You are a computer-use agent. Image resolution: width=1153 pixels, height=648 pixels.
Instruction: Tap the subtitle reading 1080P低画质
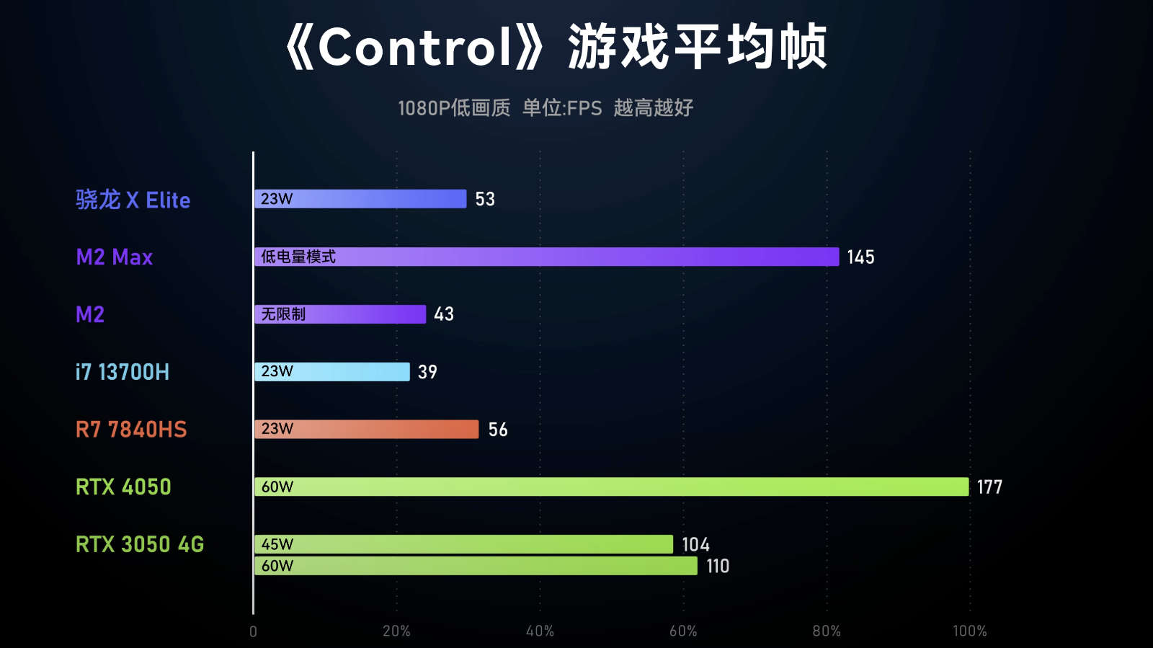pos(454,108)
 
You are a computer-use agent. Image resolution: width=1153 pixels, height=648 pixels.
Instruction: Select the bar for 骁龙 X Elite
pos(360,199)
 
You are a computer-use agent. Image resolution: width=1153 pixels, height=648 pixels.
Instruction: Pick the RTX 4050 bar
pos(611,487)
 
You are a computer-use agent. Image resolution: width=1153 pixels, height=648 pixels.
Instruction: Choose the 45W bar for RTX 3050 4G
pos(463,544)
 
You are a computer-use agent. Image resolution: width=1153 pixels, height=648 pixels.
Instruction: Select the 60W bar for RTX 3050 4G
pos(476,566)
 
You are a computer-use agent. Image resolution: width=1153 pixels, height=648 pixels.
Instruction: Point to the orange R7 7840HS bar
pos(366,429)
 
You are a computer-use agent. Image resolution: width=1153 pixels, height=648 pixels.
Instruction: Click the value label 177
pos(989,487)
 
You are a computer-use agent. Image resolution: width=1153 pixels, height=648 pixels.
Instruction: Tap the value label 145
pos(860,257)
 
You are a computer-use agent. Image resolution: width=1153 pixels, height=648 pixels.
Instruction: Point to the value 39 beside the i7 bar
pos(427,372)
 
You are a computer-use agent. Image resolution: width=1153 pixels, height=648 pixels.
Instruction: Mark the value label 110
pos(718,567)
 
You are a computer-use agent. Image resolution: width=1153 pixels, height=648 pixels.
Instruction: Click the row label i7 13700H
pos(123,372)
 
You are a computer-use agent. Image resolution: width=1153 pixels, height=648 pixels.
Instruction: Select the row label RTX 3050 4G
pos(140,544)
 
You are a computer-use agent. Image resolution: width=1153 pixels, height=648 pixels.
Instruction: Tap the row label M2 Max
pos(115,257)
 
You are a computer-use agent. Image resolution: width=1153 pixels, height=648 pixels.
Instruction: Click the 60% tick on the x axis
pos(683,631)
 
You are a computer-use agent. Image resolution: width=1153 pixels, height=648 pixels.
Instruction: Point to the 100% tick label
pos(969,631)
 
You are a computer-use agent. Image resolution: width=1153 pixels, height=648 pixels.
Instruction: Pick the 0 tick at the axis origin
pos(253,631)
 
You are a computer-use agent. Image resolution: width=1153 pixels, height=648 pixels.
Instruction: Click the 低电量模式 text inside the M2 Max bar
pos(298,257)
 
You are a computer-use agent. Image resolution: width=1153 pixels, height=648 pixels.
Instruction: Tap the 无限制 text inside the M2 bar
pos(283,314)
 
